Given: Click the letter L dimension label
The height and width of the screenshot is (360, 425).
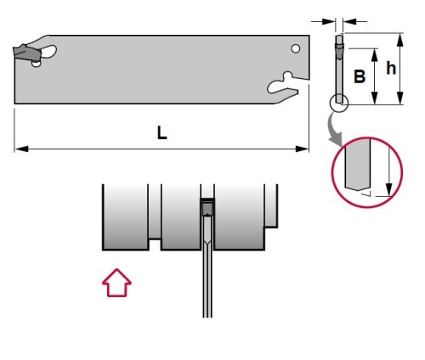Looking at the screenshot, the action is pos(161,132).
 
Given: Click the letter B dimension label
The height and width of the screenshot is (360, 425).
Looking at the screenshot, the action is pos(360,76).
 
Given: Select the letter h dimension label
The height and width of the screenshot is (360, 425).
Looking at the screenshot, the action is pos(391,68).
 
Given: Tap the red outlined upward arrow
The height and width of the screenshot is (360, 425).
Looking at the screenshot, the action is pos(116,283).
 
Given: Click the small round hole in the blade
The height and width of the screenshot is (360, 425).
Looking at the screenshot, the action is pos(296,48).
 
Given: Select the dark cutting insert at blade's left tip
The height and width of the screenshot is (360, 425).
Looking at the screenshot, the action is pos(27,53).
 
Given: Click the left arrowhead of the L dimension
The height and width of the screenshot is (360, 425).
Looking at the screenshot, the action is pos(21,149).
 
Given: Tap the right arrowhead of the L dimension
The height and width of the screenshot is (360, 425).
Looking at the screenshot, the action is pos(302,149).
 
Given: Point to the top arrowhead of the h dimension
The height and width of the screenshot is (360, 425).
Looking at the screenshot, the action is pos(399,40).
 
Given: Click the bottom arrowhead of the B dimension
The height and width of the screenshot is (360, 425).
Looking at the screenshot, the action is pos(375,98).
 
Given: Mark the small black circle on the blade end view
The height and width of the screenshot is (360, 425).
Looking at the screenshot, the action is pos(339,103).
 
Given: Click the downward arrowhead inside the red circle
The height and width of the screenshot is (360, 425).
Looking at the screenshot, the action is pos(389,189).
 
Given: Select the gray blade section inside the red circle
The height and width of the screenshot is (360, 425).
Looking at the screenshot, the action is pos(358,165).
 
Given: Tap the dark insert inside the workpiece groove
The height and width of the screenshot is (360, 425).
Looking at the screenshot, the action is pos(207,207).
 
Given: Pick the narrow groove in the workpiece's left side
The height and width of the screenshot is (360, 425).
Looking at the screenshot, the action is pos(155,212).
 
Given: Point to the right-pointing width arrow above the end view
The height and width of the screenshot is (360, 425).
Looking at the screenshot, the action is pos(323,21).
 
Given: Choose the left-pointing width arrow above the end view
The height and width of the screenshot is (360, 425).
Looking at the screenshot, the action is pos(354,21).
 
